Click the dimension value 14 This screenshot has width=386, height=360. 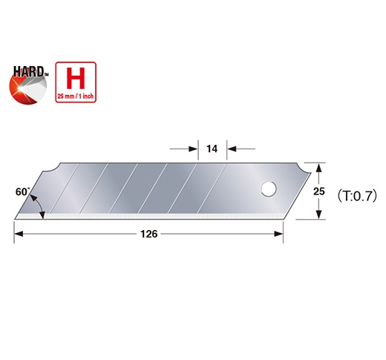pos(212,149)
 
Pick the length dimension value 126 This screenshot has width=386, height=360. pos(148,235)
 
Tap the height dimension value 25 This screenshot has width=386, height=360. pos(318,191)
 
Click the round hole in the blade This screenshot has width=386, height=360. pos(265,189)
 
